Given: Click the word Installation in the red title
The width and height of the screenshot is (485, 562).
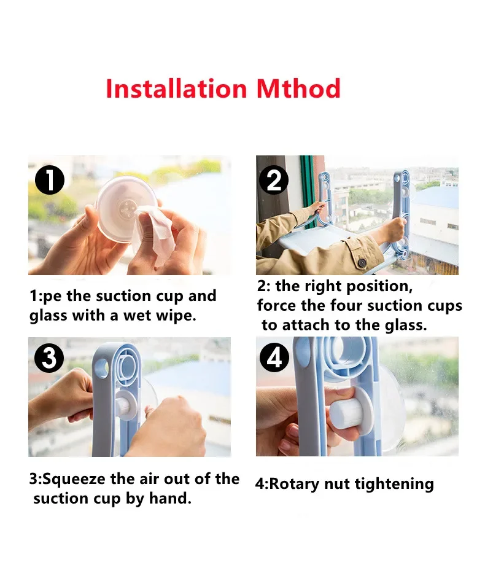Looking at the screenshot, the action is click(176, 88).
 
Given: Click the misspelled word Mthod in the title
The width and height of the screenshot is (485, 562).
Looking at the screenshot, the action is click(298, 88).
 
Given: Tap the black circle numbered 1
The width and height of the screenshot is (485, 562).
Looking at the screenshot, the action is click(50, 180).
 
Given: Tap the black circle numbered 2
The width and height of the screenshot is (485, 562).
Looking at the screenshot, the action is click(274, 180).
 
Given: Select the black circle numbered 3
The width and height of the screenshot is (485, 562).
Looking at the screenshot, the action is click(49, 357).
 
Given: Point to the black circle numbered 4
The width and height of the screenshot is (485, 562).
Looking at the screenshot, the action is click(274, 357).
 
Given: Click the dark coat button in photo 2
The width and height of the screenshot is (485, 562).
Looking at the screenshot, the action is click(362, 263).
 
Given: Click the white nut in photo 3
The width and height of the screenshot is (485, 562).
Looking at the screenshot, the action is click(126, 405).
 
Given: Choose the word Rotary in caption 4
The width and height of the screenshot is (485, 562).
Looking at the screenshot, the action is click(293, 484).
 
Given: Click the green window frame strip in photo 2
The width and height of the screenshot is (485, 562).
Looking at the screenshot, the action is click(308, 190).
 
